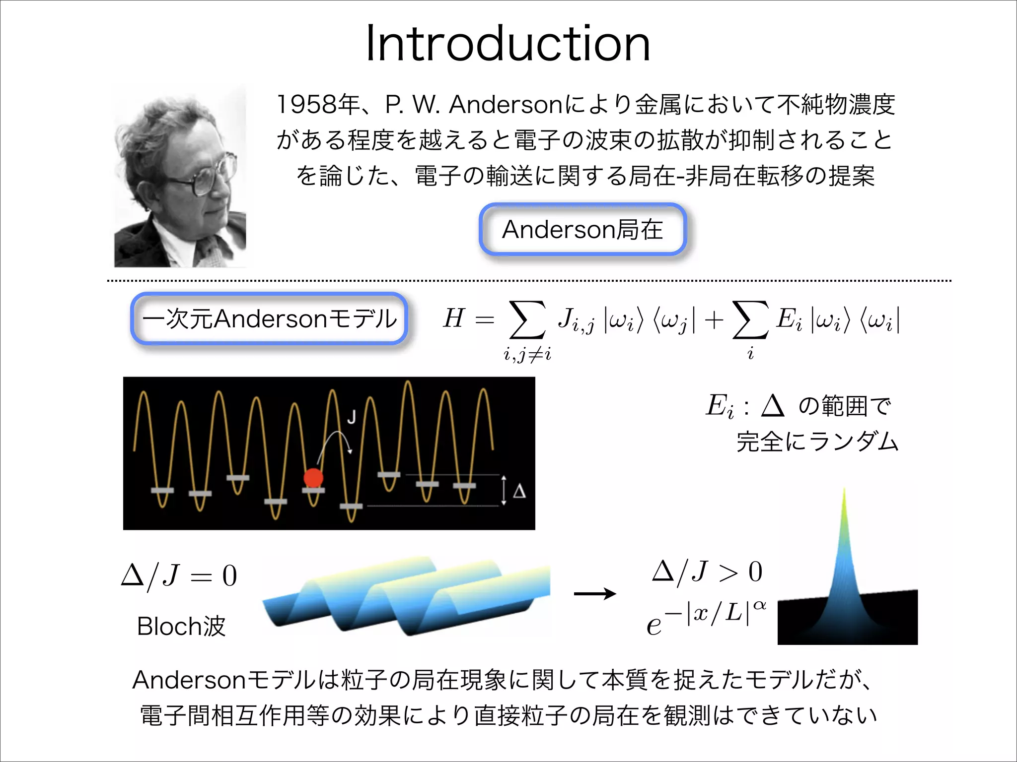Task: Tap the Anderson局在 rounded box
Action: [x=582, y=229]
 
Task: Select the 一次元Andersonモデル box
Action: [x=269, y=318]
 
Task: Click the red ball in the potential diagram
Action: [x=313, y=478]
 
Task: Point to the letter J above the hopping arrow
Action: [x=352, y=417]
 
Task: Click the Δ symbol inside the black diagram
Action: [x=519, y=491]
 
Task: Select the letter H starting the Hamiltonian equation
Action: [x=454, y=318]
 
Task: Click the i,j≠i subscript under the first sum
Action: [x=527, y=354]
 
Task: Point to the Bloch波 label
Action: [x=181, y=626]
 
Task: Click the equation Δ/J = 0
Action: [x=179, y=576]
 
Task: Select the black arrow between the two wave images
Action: [x=595, y=593]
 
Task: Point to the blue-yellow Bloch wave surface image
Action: [x=406, y=595]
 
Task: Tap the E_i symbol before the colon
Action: [x=719, y=406]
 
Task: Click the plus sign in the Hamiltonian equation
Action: [x=714, y=320]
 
